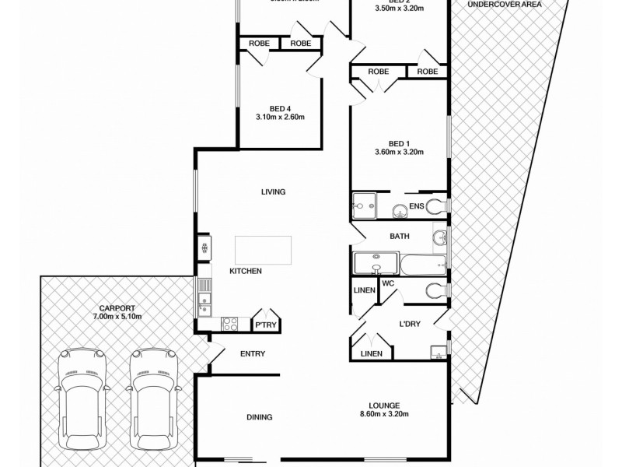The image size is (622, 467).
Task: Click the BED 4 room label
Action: pos(280,108)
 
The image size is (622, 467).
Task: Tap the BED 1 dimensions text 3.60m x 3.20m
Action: pos(398,153)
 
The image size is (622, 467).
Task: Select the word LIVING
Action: pos(274,192)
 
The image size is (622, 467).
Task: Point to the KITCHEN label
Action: pos(245,271)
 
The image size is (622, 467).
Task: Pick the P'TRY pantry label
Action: pos(266,325)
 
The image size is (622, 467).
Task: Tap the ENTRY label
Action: pos(253,354)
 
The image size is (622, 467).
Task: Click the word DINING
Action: pos(260,417)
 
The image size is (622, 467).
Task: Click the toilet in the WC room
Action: pos(435,290)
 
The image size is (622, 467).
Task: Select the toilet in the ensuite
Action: pos(435,206)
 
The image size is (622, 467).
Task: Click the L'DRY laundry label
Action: pos(410,325)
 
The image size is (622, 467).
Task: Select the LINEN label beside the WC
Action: pos(364,290)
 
